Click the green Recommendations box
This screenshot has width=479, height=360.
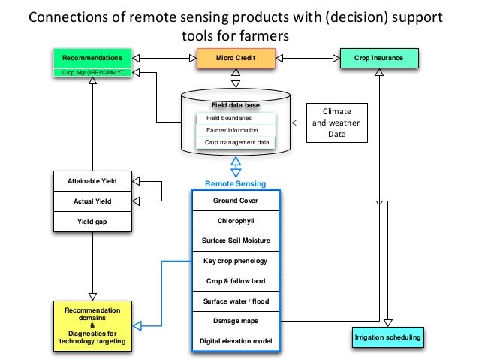(92, 57)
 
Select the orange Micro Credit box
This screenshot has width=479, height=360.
(236, 57)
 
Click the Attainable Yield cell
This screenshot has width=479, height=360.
(92, 181)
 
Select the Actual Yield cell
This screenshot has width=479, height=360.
(92, 201)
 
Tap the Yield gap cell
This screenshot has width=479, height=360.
(92, 222)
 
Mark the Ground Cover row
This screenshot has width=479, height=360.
(235, 201)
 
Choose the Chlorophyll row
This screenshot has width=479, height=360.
(235, 221)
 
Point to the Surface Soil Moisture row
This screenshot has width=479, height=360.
(235, 241)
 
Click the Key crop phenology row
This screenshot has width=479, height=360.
(235, 262)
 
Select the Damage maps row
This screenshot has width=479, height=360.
(235, 322)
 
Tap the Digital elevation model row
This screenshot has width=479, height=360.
(235, 342)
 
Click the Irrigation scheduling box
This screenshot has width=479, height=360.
(387, 338)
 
